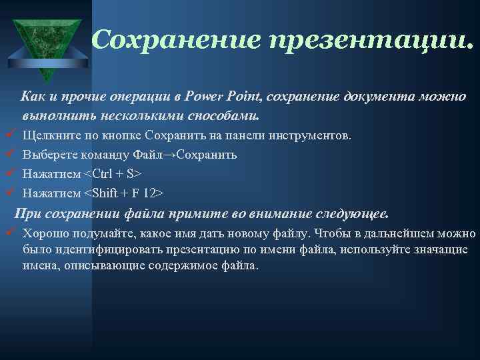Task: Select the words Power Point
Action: pos(225,97)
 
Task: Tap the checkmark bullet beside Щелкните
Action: pos(10,135)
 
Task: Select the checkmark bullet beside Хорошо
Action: pos(10,233)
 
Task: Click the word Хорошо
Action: pos(43,234)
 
